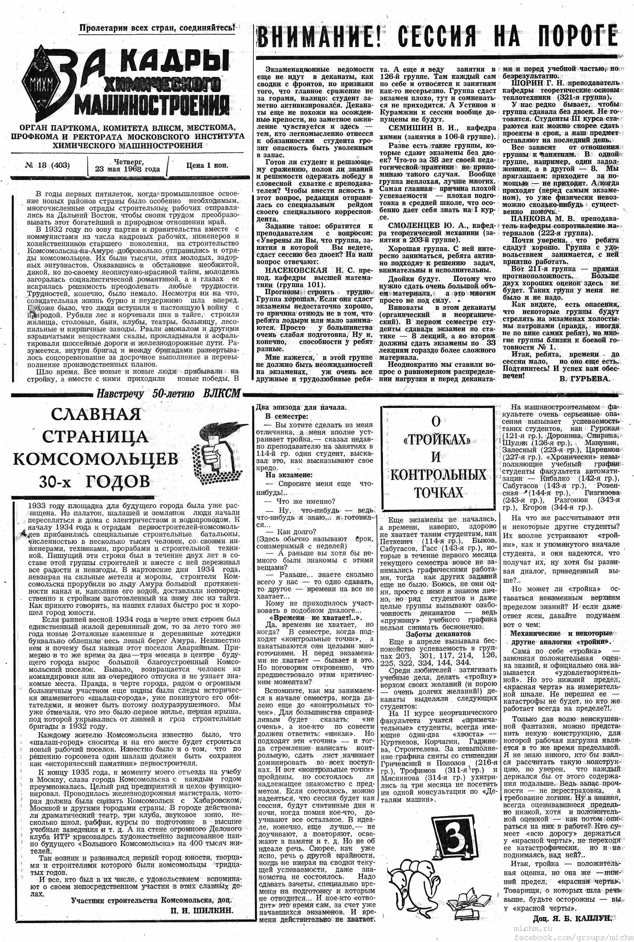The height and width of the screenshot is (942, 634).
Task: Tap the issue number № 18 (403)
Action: coord(48,165)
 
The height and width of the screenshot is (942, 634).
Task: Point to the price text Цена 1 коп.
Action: coord(207,165)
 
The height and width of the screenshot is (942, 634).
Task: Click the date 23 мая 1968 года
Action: coord(127,169)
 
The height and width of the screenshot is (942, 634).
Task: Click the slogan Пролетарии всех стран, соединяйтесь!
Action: coord(157,28)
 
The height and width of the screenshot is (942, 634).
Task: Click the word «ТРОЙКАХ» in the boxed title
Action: coord(437,440)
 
